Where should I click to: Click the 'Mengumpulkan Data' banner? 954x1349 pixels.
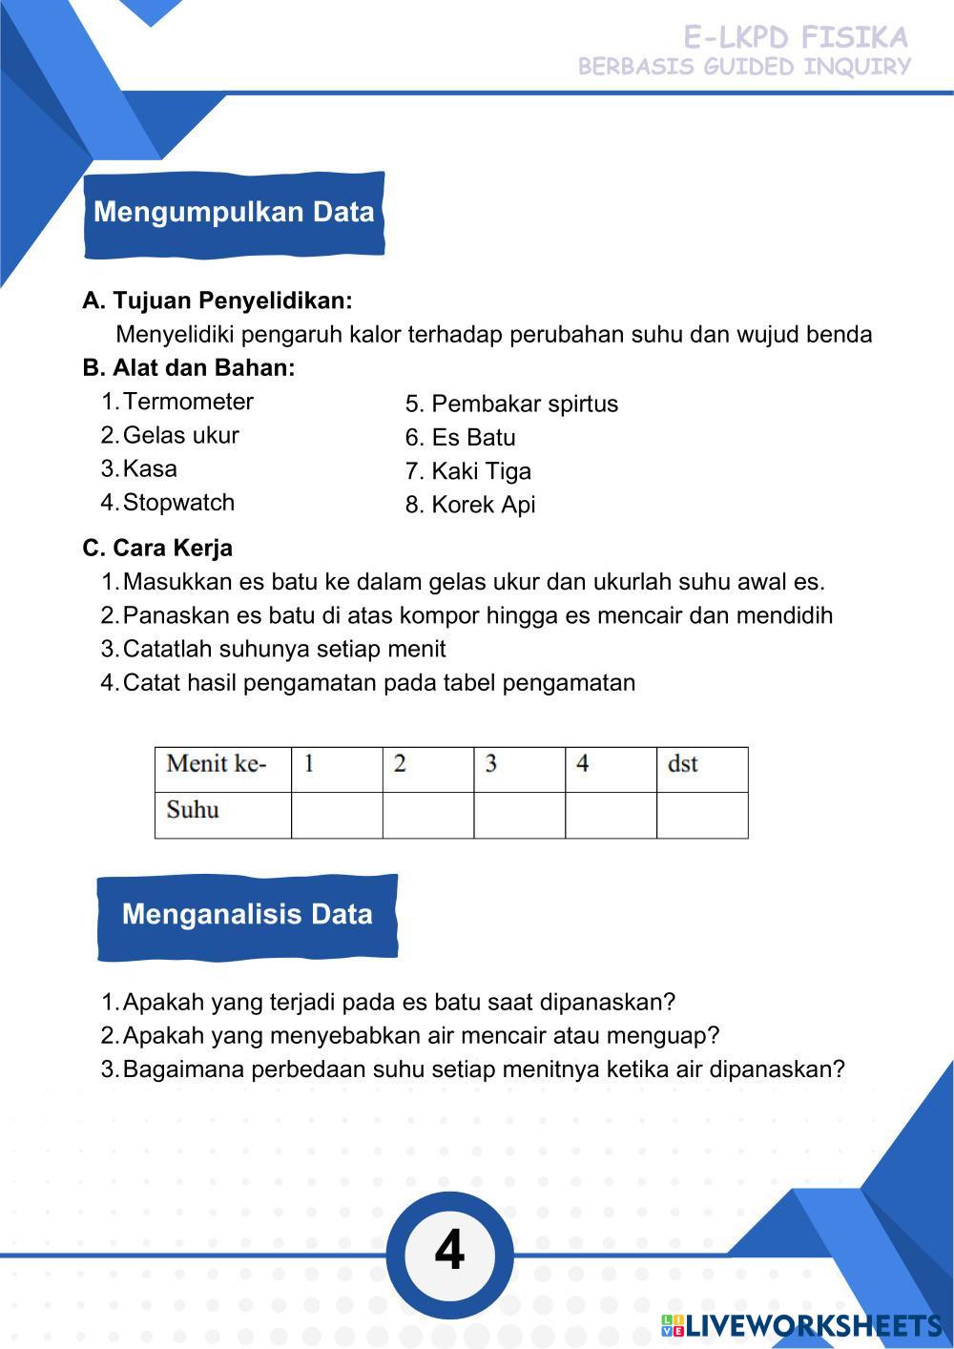click(234, 213)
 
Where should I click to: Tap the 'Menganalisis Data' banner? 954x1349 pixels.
click(247, 915)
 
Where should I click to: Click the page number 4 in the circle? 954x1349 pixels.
click(449, 1251)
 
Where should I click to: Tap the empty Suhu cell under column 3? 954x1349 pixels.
click(519, 815)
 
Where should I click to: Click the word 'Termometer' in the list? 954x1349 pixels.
click(188, 402)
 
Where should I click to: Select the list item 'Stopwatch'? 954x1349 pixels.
click(178, 502)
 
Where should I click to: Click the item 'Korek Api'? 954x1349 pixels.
click(483, 505)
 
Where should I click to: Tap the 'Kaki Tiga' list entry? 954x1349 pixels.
click(481, 471)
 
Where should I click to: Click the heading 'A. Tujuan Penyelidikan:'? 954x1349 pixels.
click(218, 301)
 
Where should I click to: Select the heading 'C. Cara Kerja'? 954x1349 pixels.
click(157, 549)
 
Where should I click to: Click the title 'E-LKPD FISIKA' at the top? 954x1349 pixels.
click(795, 37)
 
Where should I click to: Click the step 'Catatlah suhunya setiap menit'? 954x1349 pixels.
click(284, 650)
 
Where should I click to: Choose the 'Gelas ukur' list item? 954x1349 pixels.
click(180, 435)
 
